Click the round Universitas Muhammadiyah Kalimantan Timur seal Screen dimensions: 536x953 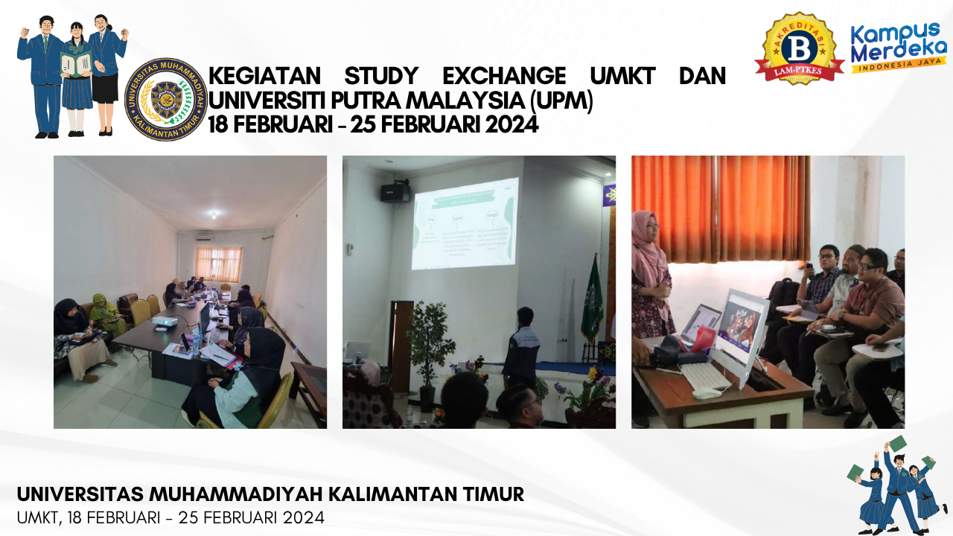tap(165, 99)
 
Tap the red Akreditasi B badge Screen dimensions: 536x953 tap(799, 48)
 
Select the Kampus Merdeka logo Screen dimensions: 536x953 tap(899, 48)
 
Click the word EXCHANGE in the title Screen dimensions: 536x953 tap(504, 77)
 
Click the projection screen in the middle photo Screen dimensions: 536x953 tap(465, 223)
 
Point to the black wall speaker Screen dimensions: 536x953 tap(395, 193)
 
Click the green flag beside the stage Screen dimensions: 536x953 tap(593, 298)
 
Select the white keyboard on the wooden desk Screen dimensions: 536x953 tap(704, 376)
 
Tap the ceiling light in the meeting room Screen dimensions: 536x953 tap(214, 214)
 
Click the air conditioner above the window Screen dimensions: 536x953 tap(205, 238)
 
